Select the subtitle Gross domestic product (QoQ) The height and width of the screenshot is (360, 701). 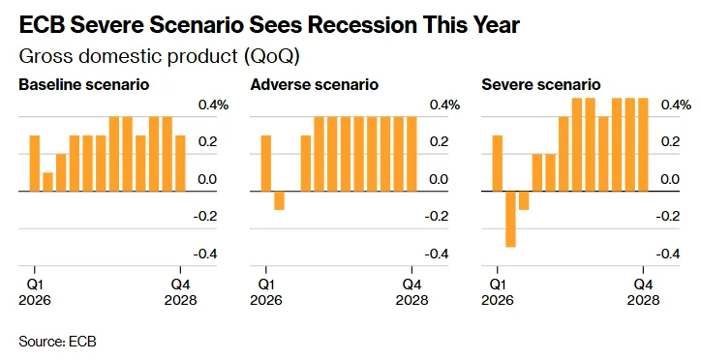(159, 57)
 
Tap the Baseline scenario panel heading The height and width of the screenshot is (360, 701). (84, 84)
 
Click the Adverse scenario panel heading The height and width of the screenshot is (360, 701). (315, 84)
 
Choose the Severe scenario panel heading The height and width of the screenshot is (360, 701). (541, 84)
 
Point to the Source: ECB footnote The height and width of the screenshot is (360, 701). (58, 342)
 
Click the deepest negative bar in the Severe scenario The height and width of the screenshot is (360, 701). (510, 219)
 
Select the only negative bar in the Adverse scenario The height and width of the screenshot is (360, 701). (280, 200)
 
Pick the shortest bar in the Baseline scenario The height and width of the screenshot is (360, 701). (47, 182)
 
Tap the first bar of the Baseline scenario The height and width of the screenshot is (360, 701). (35, 163)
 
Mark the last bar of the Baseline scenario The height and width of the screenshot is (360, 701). (180, 163)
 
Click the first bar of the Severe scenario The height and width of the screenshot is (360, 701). (497, 163)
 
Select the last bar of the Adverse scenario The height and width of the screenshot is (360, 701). (411, 154)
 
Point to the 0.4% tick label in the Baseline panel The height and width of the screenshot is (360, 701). (214, 105)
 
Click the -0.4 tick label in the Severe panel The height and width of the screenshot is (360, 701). (667, 254)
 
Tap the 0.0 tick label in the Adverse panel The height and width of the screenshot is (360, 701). (439, 179)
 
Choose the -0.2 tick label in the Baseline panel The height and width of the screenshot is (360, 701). (205, 216)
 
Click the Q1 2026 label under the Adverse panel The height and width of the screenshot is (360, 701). (266, 291)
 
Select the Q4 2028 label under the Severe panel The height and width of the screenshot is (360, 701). (643, 291)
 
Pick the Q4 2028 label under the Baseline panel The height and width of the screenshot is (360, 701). (181, 291)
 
